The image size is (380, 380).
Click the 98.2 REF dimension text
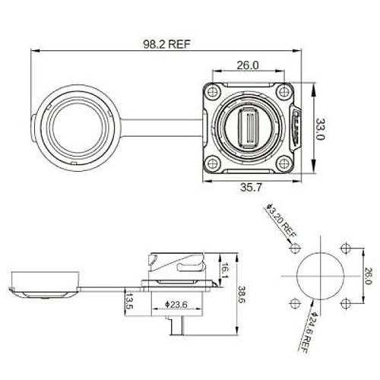(166, 44)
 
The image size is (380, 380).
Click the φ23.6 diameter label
(176, 305)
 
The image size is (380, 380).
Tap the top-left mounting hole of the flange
(217, 93)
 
